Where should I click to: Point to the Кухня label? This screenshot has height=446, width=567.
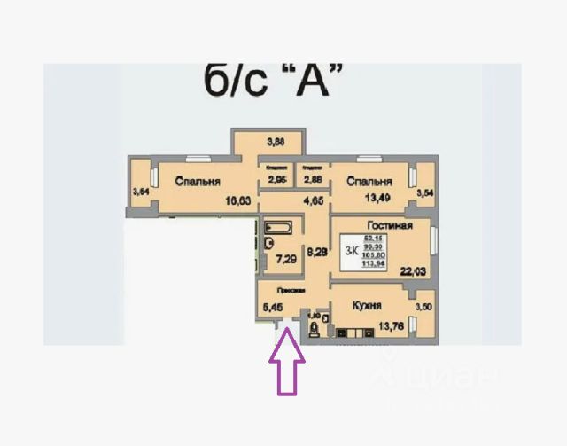(x=366, y=306)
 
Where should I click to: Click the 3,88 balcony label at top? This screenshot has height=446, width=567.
(x=268, y=141)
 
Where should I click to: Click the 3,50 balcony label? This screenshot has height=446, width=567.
(x=423, y=306)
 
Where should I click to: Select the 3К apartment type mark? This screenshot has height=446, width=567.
(x=350, y=251)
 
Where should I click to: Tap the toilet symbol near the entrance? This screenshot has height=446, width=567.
(x=314, y=330)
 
